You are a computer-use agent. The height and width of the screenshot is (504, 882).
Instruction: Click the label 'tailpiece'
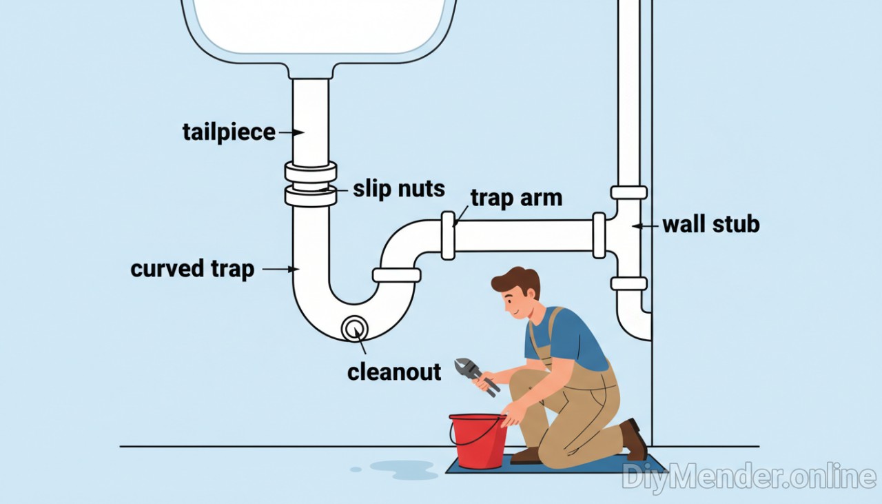pyautogui.click(x=228, y=132)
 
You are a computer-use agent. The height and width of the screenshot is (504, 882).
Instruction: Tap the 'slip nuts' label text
pyautogui.click(x=398, y=188)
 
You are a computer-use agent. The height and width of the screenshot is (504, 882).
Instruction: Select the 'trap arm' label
pyautogui.click(x=516, y=198)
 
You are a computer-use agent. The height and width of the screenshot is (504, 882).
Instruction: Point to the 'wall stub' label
pyautogui.click(x=710, y=224)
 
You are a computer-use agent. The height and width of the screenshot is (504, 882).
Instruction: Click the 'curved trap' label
pyautogui.click(x=192, y=269)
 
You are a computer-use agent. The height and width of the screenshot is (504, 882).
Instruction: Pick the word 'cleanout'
pyautogui.click(x=394, y=372)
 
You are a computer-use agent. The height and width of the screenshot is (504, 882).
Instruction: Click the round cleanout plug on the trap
pyautogui.click(x=355, y=327)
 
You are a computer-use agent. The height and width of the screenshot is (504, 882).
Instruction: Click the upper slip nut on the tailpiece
pyautogui.click(x=311, y=172)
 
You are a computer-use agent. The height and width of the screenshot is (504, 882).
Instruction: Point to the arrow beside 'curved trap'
pyautogui.click(x=281, y=269)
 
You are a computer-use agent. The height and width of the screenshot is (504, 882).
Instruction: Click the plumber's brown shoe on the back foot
pyautogui.click(x=633, y=439)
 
